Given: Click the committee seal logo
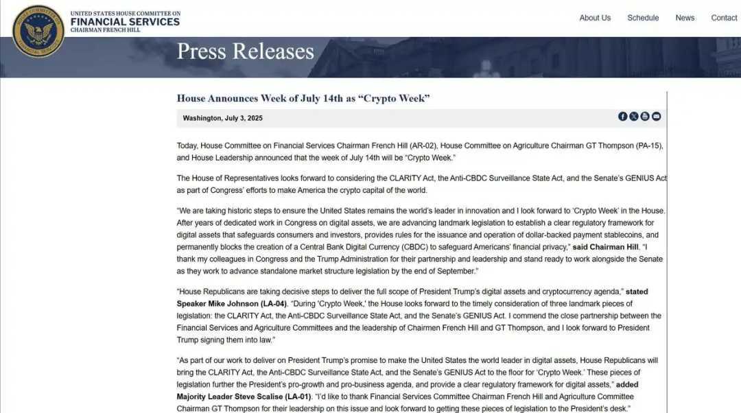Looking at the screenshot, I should [38, 31].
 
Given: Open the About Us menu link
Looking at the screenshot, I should [595, 18].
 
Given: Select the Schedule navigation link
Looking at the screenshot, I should [643, 18].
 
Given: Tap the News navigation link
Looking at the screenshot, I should [685, 18].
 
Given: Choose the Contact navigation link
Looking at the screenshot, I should [724, 18].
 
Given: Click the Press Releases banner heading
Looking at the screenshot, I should [245, 51].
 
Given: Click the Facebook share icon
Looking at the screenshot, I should [623, 117].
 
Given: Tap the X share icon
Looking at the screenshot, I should [634, 117].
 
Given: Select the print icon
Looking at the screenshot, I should [645, 117].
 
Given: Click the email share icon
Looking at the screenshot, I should [656, 117].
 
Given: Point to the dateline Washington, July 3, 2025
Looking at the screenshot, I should [222, 118].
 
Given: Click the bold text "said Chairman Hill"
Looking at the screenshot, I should [606, 247].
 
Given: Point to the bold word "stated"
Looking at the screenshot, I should [637, 292].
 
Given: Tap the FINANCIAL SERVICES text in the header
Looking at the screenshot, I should [125, 22].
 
